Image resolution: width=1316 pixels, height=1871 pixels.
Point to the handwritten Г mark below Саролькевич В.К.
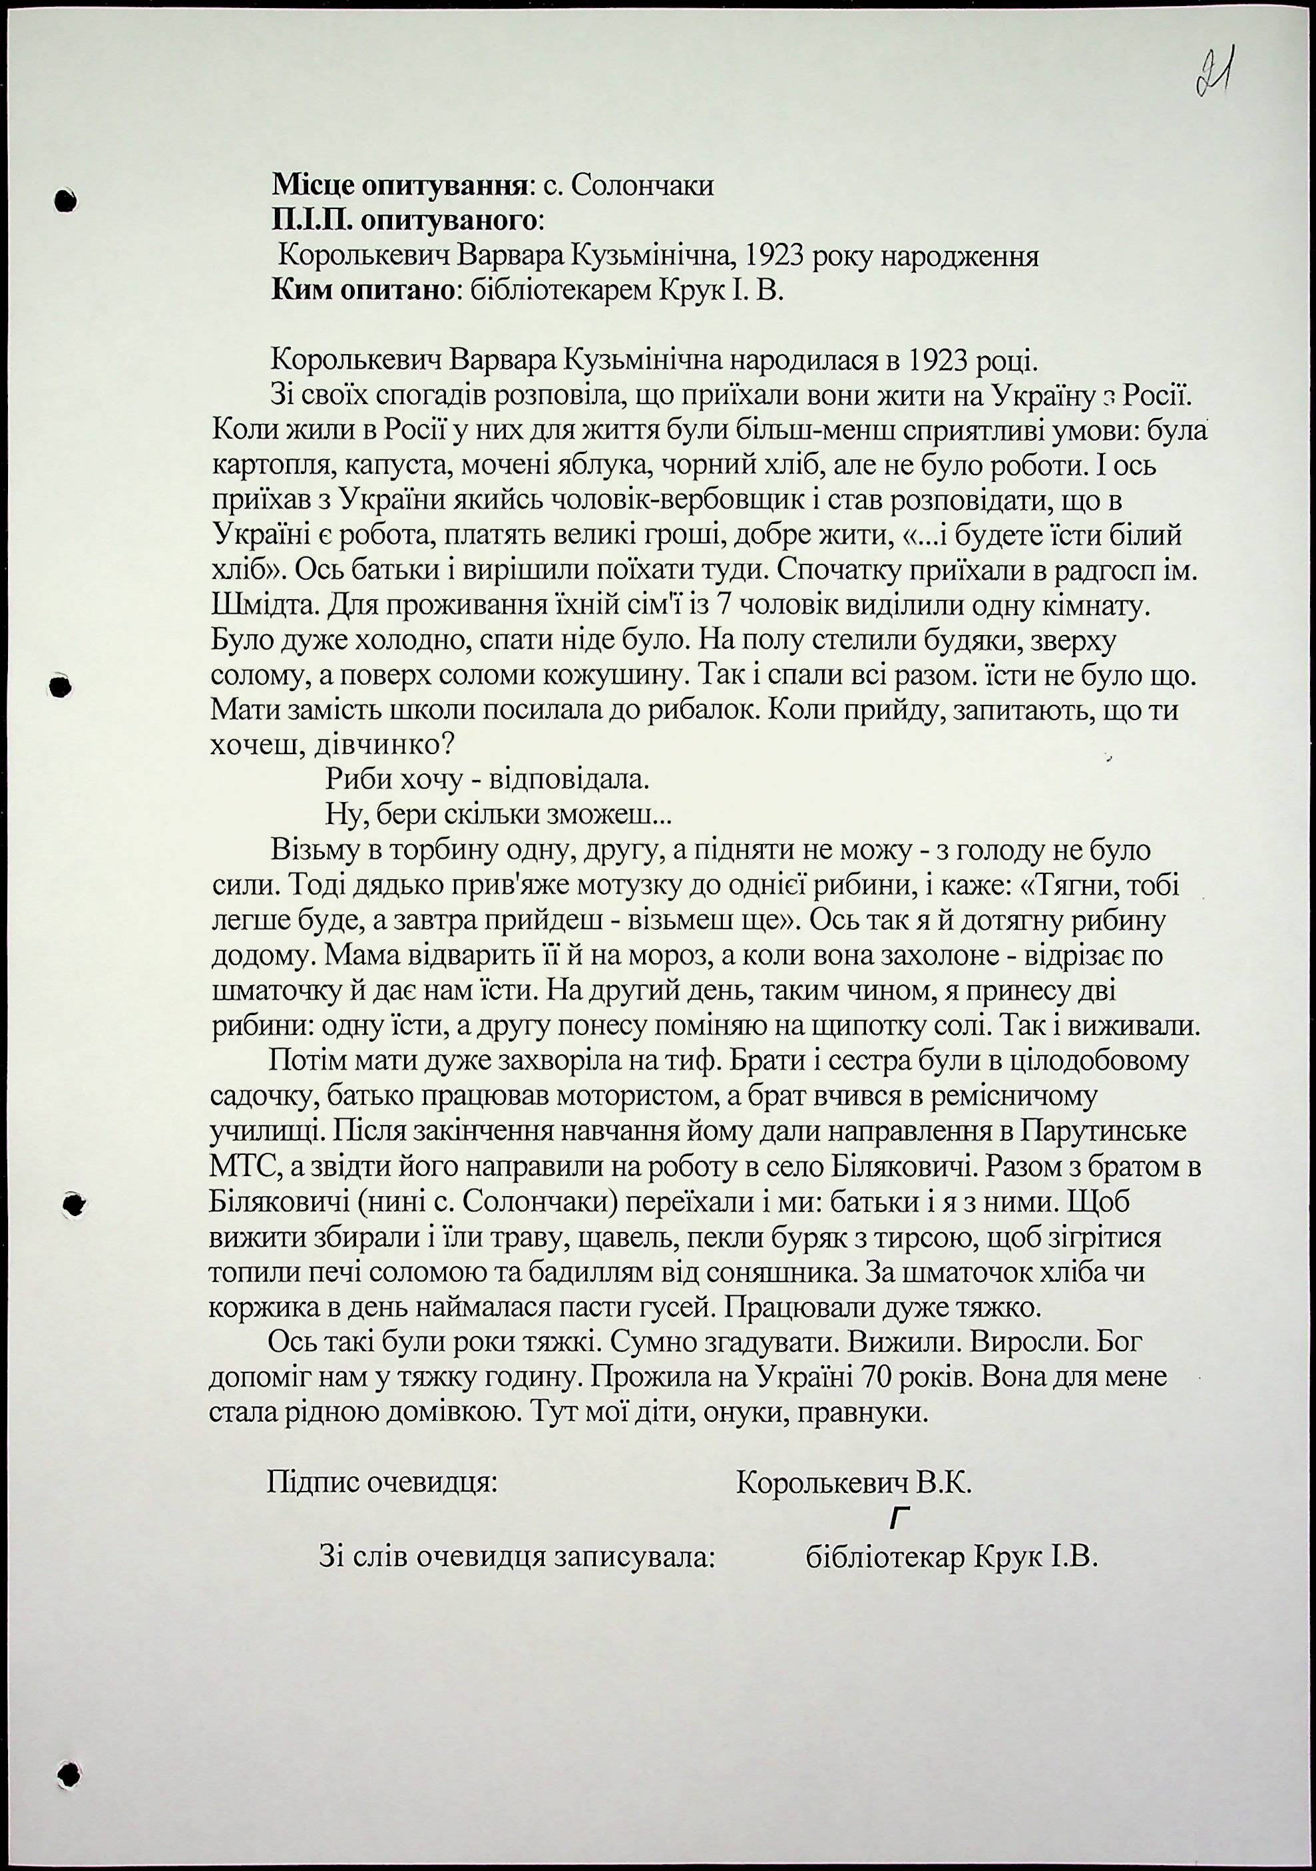[x=899, y=1518]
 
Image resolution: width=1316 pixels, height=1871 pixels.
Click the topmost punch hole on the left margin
[x=65, y=200]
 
